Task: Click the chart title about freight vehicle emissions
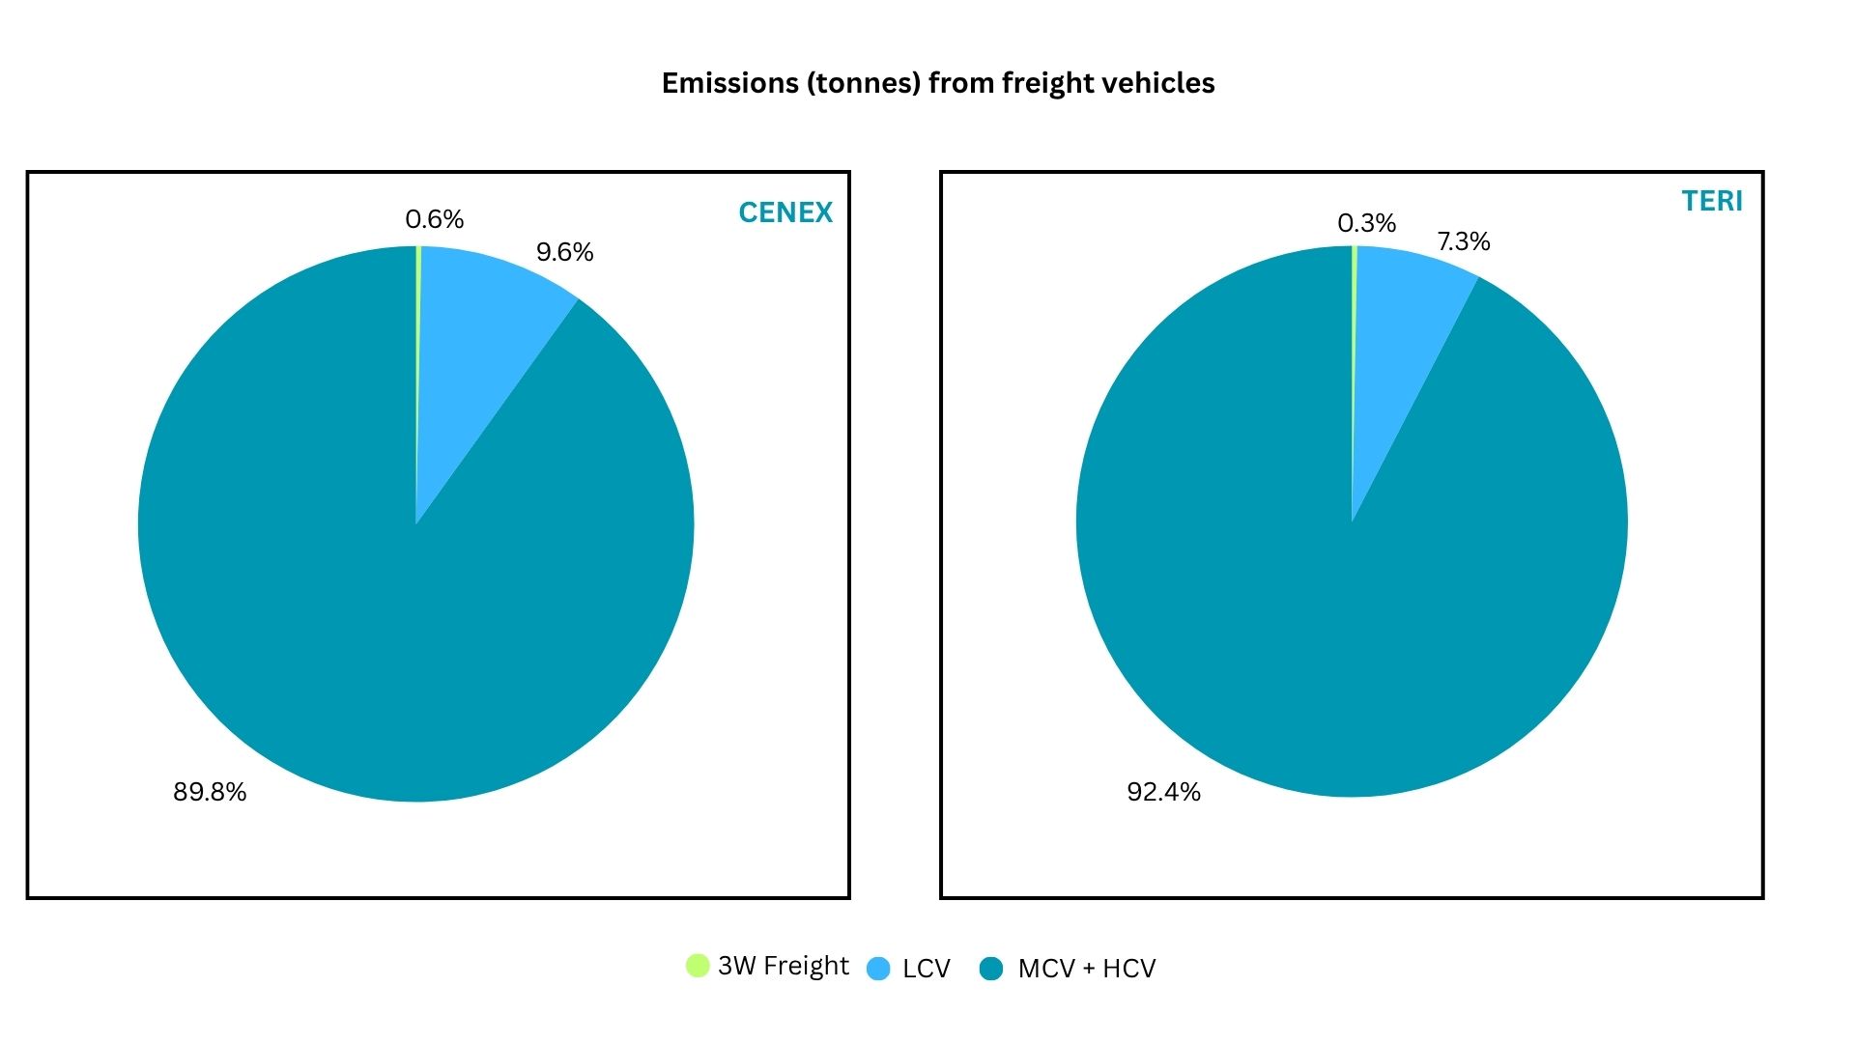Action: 937,83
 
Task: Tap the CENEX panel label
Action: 785,212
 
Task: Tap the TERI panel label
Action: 1711,201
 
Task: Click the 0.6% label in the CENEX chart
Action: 434,219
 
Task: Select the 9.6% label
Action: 564,252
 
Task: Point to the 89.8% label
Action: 210,792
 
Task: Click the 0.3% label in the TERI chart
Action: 1366,223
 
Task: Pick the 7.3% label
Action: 1463,241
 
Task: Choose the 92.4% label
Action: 1163,792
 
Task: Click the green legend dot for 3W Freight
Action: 697,965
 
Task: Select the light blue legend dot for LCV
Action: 878,969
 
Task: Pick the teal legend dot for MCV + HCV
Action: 991,969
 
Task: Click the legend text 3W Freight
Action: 783,966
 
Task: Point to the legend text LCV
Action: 926,969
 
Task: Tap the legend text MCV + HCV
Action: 1086,969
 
